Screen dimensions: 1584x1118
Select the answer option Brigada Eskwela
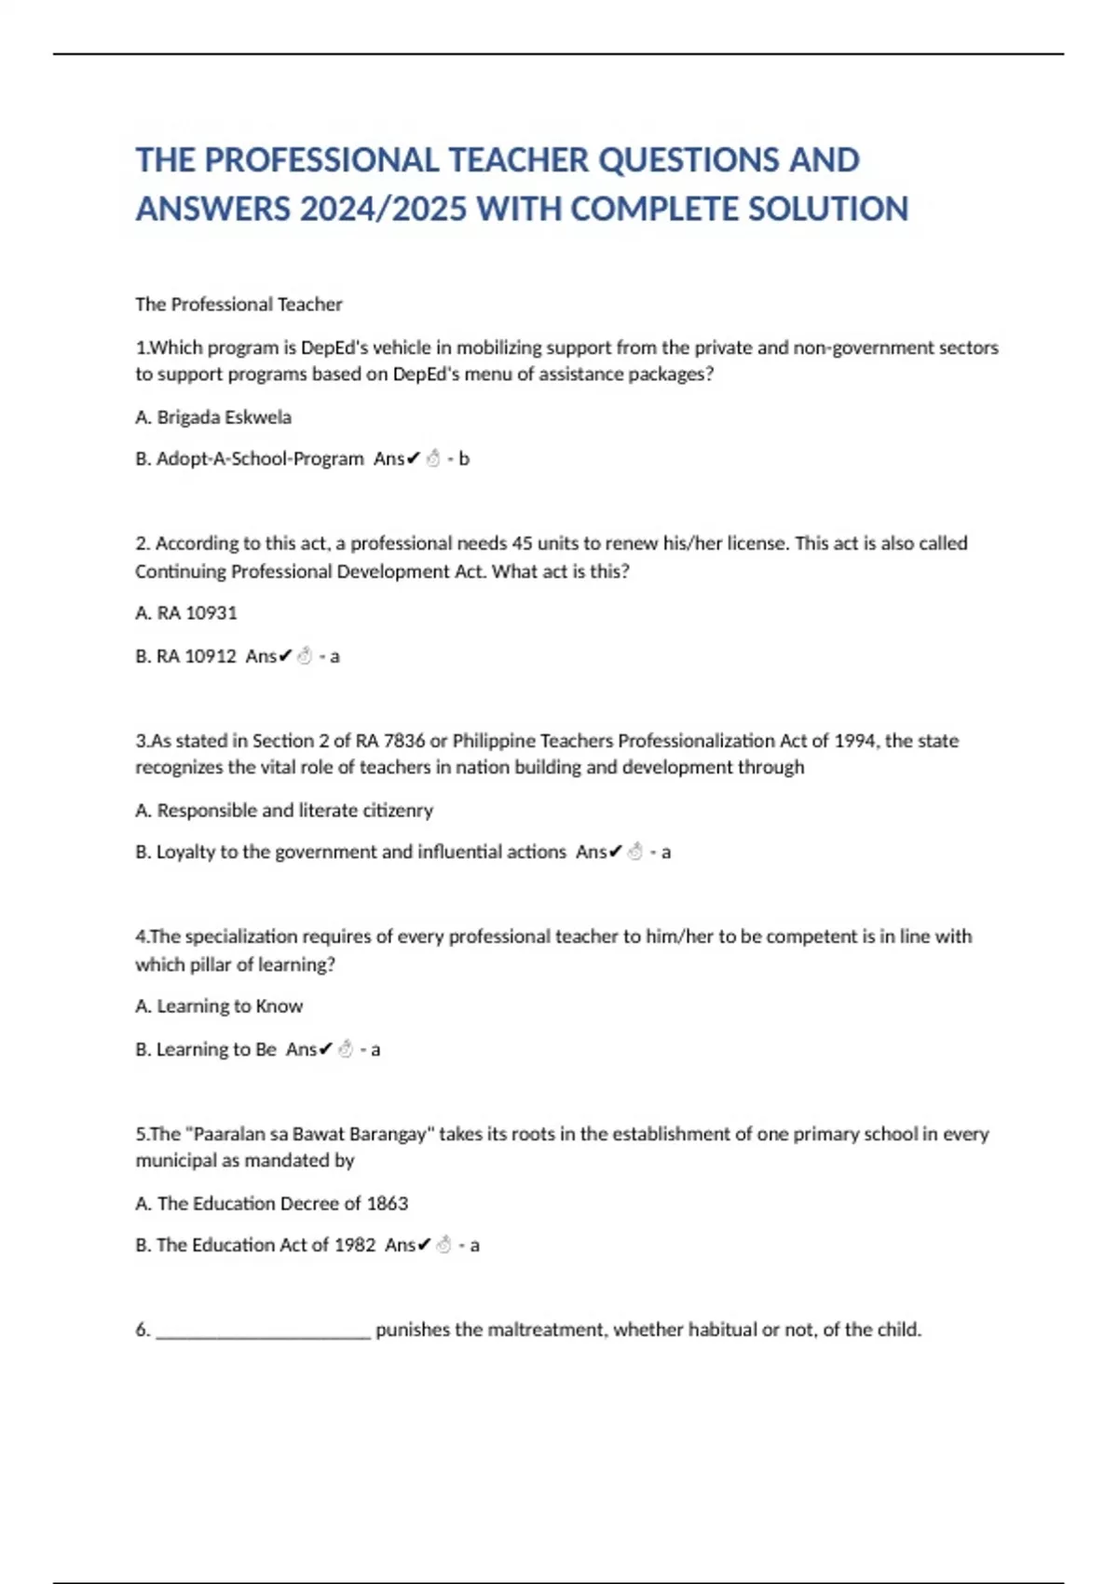224,417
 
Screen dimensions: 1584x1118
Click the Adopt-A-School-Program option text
260,458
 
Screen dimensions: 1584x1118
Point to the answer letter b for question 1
464,458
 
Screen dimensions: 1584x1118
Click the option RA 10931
197,613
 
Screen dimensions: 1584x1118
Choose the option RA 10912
196,656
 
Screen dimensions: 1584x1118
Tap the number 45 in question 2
522,543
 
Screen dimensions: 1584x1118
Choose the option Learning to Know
229,1006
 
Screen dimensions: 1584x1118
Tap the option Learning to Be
216,1049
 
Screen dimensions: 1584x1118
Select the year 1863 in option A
387,1204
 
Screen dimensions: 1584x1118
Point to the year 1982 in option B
354,1245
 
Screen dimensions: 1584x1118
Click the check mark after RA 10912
285,656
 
